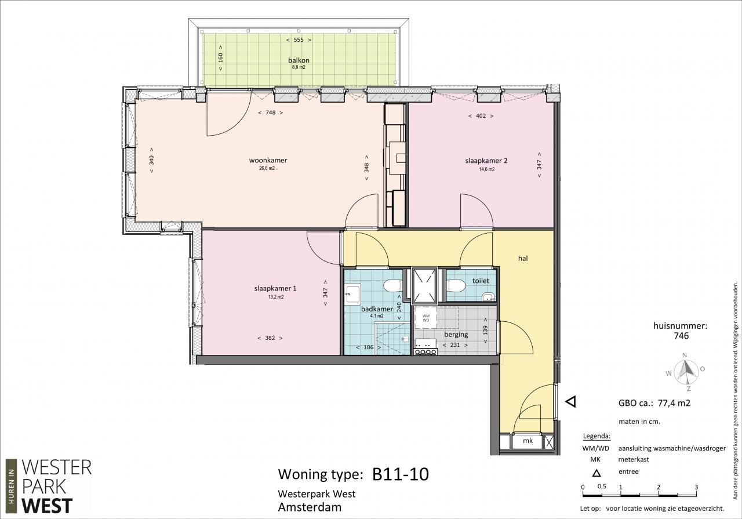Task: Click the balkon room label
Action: pos(299,60)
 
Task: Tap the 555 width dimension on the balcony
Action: pos(299,40)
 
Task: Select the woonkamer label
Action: pos(268,161)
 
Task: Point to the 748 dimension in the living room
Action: pos(270,112)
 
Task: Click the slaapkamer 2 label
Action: pos(486,161)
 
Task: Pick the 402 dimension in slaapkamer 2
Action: pos(481,116)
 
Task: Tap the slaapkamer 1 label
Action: pos(275,289)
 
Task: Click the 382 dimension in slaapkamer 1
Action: pos(270,338)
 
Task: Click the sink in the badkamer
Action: pos(352,294)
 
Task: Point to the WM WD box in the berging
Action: pos(426,318)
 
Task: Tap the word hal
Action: pos(523,259)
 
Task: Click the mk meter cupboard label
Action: pos(528,441)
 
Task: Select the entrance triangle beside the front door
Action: pos(571,402)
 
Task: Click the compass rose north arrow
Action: pos(685,370)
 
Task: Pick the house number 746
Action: pos(681,336)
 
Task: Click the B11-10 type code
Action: pos(401,474)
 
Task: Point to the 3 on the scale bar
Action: pos(696,487)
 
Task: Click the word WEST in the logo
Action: pos(47,506)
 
